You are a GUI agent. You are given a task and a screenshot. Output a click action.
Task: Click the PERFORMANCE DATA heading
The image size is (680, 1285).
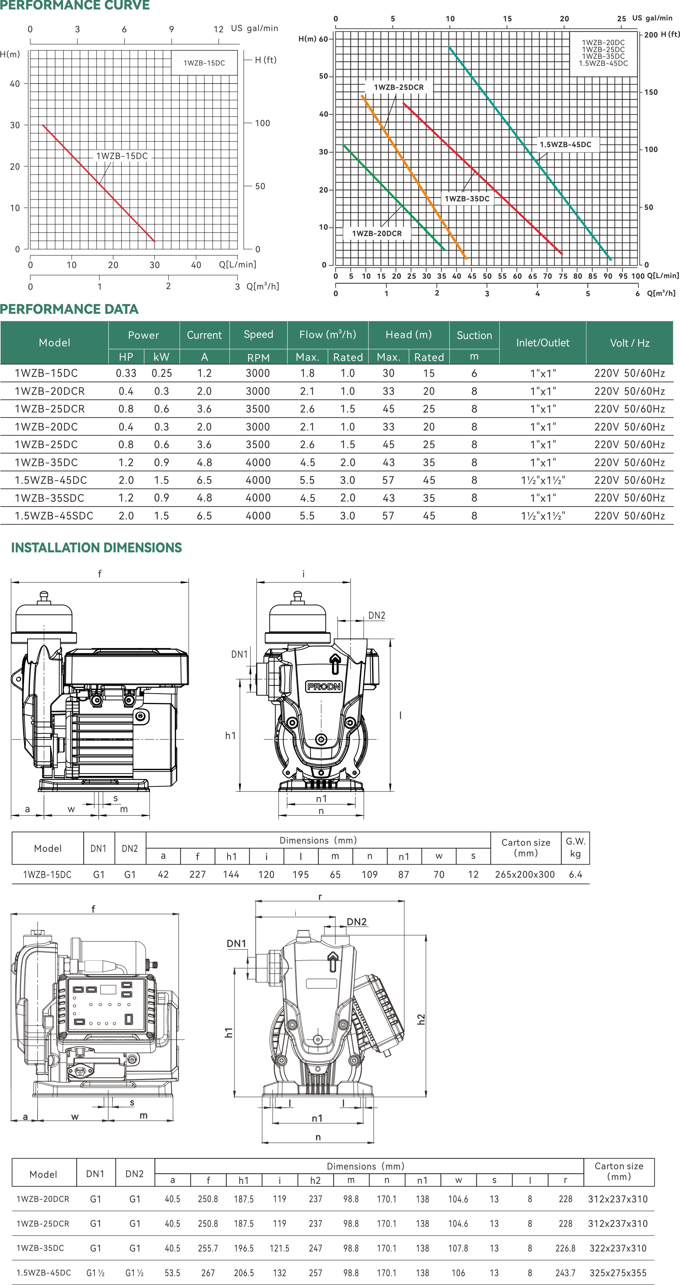click(x=69, y=309)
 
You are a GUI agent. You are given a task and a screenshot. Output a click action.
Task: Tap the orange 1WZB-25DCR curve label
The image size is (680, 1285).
click(x=399, y=87)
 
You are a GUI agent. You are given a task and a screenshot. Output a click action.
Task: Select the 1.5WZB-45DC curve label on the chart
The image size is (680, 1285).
click(x=565, y=145)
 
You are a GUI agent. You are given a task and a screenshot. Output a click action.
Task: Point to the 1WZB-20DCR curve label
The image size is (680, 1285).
click(x=377, y=233)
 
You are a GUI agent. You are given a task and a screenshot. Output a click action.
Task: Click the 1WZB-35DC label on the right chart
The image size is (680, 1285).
click(x=467, y=199)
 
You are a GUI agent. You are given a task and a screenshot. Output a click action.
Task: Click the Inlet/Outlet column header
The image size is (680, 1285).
click(x=542, y=343)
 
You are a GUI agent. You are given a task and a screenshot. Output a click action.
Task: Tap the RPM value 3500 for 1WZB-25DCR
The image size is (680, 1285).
click(x=258, y=409)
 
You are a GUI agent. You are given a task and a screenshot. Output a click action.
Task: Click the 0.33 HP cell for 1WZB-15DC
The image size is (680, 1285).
click(x=126, y=373)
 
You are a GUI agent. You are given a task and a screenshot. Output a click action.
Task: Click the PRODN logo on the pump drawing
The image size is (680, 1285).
click(x=324, y=686)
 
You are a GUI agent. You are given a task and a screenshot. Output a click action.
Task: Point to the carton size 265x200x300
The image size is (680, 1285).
click(x=525, y=874)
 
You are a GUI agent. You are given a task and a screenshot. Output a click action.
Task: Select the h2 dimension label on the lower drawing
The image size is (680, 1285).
click(x=422, y=1019)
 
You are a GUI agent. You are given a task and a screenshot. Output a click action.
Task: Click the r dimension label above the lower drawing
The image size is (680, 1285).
click(x=320, y=896)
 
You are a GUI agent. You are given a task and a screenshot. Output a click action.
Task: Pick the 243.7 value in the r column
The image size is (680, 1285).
click(x=565, y=1273)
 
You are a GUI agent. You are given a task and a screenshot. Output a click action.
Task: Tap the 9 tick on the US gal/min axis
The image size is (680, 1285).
click(x=171, y=29)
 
